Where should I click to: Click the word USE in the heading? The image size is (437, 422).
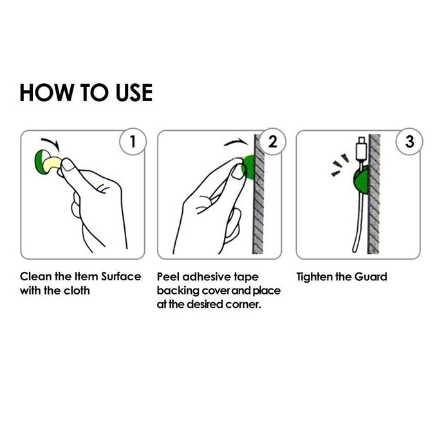[134, 93]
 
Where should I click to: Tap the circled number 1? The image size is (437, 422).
[133, 141]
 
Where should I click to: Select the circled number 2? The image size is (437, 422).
[273, 141]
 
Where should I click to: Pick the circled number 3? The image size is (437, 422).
[409, 141]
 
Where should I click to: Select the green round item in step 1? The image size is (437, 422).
[41, 162]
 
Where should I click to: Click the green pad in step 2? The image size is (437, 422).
[249, 167]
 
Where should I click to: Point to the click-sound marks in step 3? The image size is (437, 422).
[339, 165]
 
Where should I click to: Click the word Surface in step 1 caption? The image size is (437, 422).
[121, 276]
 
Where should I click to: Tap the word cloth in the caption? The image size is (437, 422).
[77, 291]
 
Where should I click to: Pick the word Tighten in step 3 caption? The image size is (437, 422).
[314, 276]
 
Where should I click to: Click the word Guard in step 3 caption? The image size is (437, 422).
[371, 276]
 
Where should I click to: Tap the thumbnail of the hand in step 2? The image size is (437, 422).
[237, 173]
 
